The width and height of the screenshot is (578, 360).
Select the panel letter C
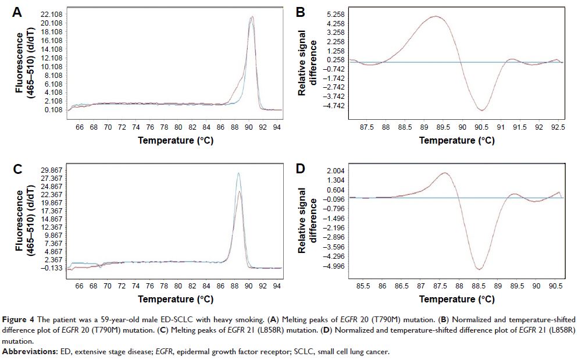(17, 169)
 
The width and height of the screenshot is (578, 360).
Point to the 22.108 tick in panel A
(52, 14)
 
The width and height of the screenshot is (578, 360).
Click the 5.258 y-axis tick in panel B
(337, 14)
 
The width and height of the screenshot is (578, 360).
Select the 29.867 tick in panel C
(52, 170)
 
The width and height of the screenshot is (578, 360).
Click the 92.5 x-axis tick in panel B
(558, 125)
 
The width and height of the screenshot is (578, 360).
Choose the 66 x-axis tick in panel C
(80, 286)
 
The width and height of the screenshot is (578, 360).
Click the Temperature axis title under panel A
(176, 140)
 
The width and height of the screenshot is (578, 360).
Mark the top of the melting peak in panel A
(251, 16)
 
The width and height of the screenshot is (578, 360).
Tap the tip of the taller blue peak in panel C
(238, 173)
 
